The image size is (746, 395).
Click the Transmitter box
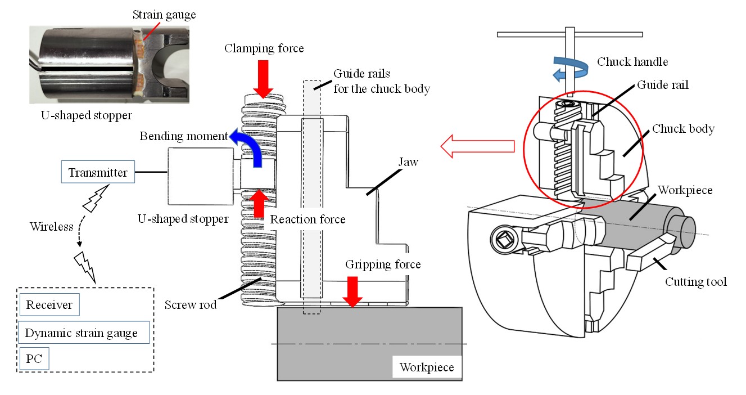[98, 173]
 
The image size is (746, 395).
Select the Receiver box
[49, 305]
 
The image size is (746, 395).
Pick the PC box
[34, 359]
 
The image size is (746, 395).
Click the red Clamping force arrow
[264, 77]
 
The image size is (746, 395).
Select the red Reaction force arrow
[259, 204]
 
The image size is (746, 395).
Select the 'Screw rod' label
[191, 306]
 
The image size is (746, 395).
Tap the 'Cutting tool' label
[695, 281]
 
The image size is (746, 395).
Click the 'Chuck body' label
[683, 129]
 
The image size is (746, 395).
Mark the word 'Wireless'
[52, 227]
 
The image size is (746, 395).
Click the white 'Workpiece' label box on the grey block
[426, 368]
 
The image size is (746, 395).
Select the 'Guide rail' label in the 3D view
[663, 86]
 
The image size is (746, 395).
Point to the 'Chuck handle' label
[632, 61]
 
